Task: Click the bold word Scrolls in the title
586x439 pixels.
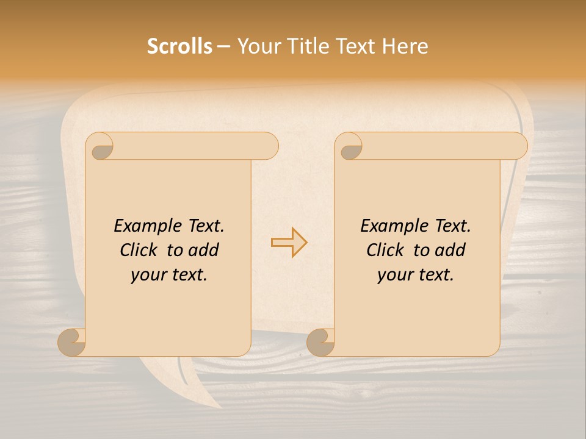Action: [x=179, y=46]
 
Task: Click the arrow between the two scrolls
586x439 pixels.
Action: [x=289, y=242]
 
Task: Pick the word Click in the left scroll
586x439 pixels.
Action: [x=140, y=250]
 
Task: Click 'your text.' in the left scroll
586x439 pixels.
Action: [x=169, y=275]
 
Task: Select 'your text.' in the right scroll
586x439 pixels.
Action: [x=416, y=275]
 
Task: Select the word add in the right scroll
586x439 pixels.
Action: [x=452, y=250]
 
